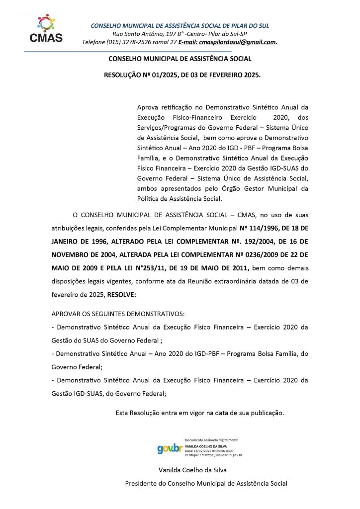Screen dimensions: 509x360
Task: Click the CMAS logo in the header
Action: tap(46, 28)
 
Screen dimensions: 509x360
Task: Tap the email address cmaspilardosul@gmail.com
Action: tap(238, 42)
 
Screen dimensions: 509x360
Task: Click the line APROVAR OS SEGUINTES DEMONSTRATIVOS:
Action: tap(118, 314)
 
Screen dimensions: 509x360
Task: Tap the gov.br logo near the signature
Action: tap(170, 448)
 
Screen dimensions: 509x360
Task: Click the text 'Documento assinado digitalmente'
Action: tap(211, 440)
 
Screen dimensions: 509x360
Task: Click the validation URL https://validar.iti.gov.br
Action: tap(222, 455)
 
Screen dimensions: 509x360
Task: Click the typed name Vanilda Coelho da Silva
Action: tap(193, 470)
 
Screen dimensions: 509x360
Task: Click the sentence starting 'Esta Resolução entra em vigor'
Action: tap(199, 413)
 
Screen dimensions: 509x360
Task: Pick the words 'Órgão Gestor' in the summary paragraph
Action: tap(253, 188)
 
